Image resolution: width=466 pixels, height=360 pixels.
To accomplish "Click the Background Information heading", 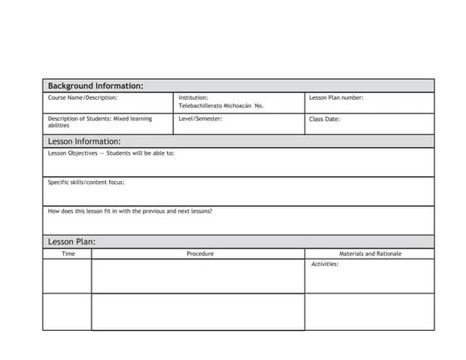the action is [x=96, y=86].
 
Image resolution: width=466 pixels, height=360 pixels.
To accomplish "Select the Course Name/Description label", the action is [x=82, y=98].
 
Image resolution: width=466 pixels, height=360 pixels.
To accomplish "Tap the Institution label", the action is [x=193, y=98].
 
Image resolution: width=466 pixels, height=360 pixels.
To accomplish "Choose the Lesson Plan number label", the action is [x=336, y=98].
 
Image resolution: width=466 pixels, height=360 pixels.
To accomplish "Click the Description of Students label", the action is [x=100, y=119].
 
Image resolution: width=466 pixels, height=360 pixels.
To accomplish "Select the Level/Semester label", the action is [x=201, y=119].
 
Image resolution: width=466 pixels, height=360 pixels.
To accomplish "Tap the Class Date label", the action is [x=325, y=119].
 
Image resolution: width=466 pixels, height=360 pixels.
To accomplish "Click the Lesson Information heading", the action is [x=84, y=141].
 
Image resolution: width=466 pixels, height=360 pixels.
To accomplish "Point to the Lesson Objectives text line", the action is [x=111, y=153].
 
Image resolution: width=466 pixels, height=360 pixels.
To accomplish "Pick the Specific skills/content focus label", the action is [x=86, y=182].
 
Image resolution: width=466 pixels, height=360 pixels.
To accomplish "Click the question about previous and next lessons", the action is [x=130, y=211].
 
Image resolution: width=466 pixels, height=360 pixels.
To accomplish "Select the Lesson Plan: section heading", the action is [x=72, y=242].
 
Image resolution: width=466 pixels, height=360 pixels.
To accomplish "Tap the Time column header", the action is [x=68, y=254].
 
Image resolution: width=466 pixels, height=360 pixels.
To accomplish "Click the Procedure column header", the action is [x=200, y=254].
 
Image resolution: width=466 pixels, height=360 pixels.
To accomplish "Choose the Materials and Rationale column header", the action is [x=370, y=254].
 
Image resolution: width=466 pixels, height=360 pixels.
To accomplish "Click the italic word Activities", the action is [x=325, y=264].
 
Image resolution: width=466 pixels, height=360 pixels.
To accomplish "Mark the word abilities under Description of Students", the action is [x=59, y=126].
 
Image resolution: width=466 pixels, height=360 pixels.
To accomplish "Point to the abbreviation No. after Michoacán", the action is [x=259, y=106].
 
